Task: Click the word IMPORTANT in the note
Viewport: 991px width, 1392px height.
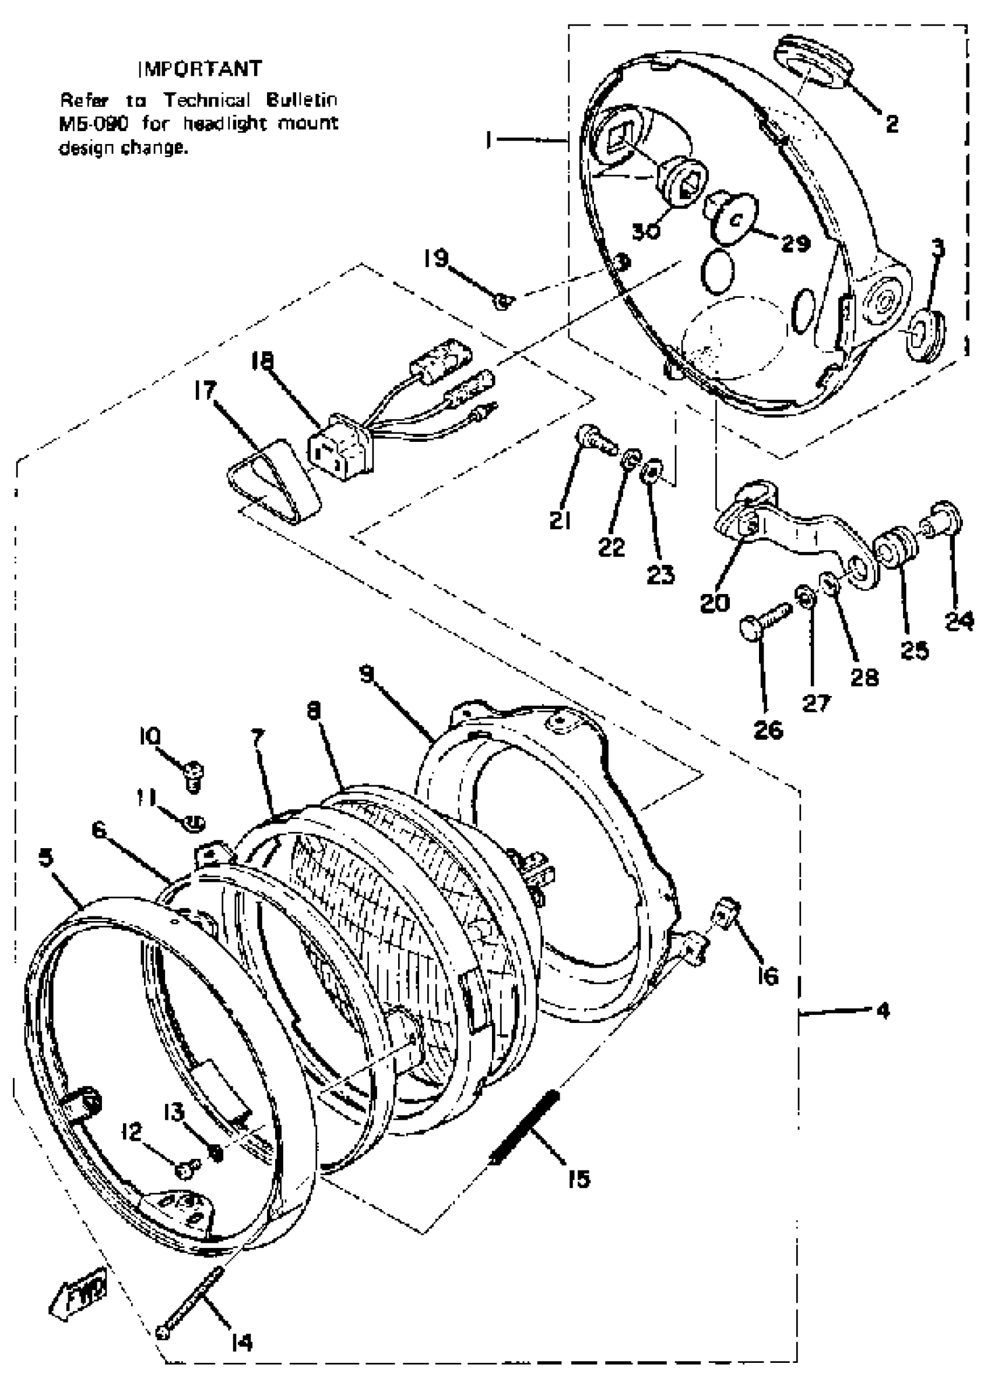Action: click(200, 69)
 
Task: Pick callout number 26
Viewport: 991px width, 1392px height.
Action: click(768, 729)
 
